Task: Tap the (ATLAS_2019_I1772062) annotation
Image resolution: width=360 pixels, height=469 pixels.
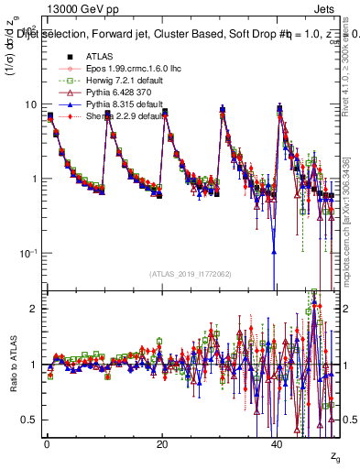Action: coord(190,273)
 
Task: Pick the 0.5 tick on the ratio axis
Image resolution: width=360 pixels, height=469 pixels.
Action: coord(28,420)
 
